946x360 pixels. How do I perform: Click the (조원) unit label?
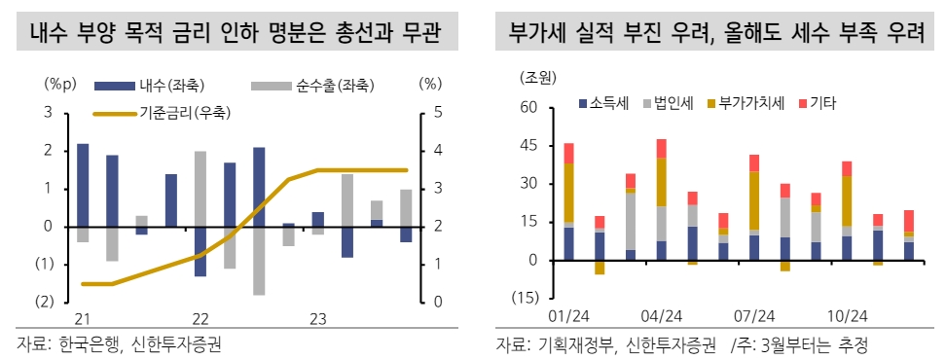(538, 77)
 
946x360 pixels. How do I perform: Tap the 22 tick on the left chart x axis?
(200, 319)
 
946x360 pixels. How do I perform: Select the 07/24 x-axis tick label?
(754, 316)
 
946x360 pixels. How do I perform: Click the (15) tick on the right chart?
(526, 298)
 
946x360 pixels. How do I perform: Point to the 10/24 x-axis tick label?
(848, 316)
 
